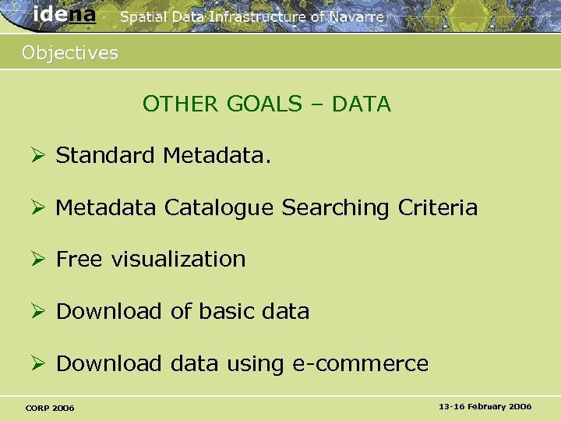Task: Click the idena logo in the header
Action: click(x=65, y=14)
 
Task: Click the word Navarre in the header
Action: click(x=355, y=16)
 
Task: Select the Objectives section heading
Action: click(x=70, y=53)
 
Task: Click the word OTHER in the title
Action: click(x=182, y=104)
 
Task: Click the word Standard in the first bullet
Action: click(x=105, y=156)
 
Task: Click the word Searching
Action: click(x=337, y=208)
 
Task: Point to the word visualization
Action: click(x=178, y=260)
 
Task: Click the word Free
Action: click(x=79, y=260)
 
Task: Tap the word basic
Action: click(x=227, y=311)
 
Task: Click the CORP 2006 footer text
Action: click(x=50, y=408)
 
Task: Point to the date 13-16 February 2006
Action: click(x=485, y=406)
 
